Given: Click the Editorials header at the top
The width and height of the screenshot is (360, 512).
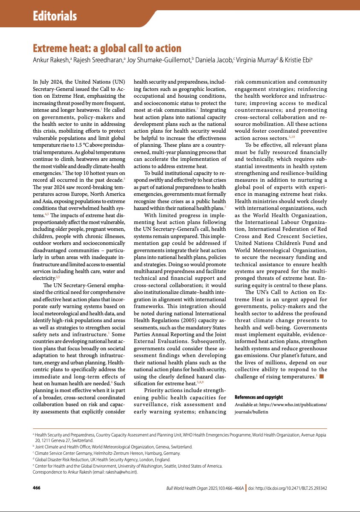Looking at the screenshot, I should click(x=55, y=17).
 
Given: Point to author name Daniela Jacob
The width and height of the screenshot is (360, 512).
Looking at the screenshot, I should click(x=214, y=60).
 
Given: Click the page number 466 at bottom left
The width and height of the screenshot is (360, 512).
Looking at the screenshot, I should click(x=37, y=487).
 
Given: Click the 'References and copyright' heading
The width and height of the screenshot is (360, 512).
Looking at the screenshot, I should click(x=259, y=397).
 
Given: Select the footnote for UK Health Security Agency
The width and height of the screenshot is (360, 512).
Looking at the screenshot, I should click(x=102, y=460).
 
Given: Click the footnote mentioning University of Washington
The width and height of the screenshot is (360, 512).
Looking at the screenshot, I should click(x=128, y=466).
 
